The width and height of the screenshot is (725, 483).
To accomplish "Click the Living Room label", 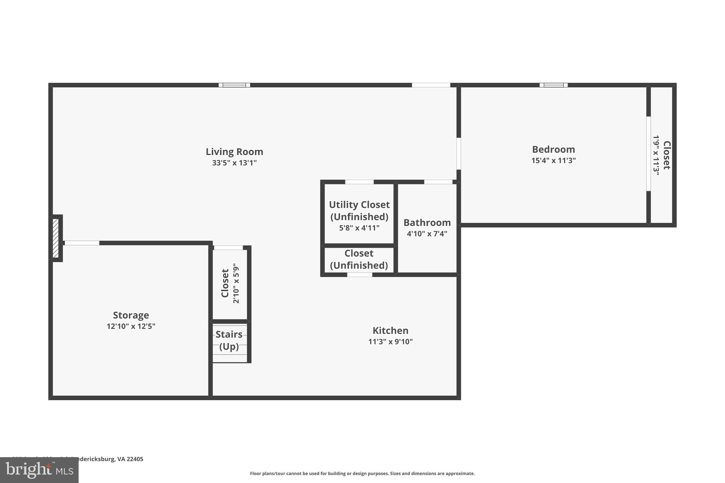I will pyautogui.click(x=234, y=152).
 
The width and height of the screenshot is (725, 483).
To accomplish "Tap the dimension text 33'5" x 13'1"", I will pyautogui.click(x=234, y=163).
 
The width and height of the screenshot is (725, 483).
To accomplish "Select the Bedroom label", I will pyautogui.click(x=553, y=149).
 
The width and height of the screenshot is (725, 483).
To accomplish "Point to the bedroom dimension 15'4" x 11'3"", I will pyautogui.click(x=553, y=161).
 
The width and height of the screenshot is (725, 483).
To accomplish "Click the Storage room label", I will pyautogui.click(x=131, y=315).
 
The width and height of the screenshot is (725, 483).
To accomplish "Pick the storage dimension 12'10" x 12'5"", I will pyautogui.click(x=131, y=326).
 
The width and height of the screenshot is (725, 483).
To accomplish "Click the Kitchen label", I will pyautogui.click(x=390, y=330).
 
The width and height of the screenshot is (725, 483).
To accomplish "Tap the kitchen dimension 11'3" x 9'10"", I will pyautogui.click(x=390, y=342).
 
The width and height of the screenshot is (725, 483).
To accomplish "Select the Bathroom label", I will pyautogui.click(x=427, y=223).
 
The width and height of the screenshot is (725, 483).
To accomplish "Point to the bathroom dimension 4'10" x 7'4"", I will pyautogui.click(x=427, y=234).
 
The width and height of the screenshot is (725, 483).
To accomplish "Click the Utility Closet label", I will pyautogui.click(x=359, y=205).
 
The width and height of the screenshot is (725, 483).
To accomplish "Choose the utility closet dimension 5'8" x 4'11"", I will pyautogui.click(x=359, y=228).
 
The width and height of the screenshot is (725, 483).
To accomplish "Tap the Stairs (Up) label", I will pyautogui.click(x=229, y=340).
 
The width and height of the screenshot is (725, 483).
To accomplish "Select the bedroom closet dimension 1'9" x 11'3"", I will pyautogui.click(x=656, y=155).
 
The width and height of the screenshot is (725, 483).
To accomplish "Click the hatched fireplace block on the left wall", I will pyautogui.click(x=56, y=238).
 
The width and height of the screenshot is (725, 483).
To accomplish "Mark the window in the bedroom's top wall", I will pyautogui.click(x=553, y=85).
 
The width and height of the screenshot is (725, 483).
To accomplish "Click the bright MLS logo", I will pyautogui.click(x=39, y=470).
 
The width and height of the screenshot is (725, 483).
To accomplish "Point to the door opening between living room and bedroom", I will pyautogui.click(x=458, y=154).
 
